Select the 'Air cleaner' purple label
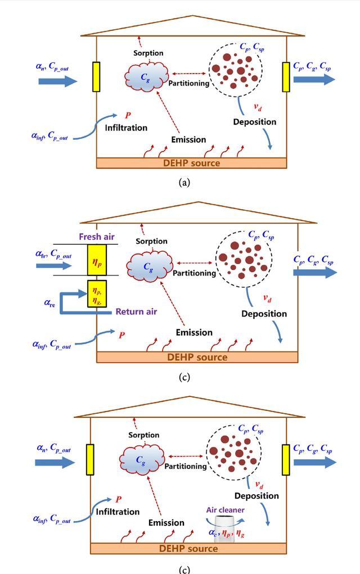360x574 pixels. tap(225, 510)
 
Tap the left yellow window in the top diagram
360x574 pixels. tap(96, 77)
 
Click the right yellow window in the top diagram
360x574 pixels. tap(287, 76)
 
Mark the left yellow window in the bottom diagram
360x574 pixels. tap(89, 459)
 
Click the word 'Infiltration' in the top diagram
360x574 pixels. tap(126, 128)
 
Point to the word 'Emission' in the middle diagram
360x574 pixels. tap(194, 332)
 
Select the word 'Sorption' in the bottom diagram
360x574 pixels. tap(144, 435)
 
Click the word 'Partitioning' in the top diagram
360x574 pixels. tap(188, 83)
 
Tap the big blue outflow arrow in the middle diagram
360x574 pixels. tap(314, 273)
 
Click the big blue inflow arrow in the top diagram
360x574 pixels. tap(58, 82)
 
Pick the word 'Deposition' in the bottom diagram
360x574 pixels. tap(256, 496)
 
